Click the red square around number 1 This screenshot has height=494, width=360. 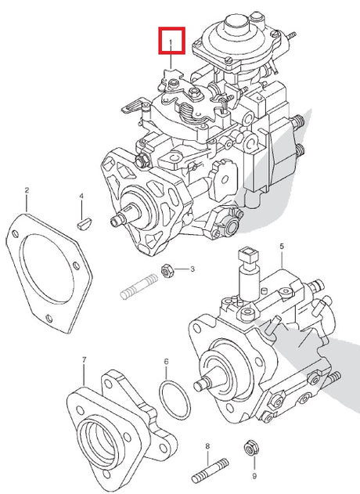(x=171, y=28)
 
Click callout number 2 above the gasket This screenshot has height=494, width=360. (x=27, y=190)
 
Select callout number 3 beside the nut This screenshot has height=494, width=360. (x=192, y=269)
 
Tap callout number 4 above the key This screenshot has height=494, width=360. (x=81, y=197)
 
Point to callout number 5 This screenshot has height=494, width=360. (x=282, y=247)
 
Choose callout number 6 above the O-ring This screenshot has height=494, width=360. (x=166, y=362)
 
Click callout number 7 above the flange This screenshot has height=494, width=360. (x=84, y=359)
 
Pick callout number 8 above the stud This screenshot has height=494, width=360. (x=207, y=446)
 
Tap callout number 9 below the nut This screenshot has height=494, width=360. (x=254, y=476)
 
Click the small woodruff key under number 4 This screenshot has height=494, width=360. (x=85, y=225)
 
